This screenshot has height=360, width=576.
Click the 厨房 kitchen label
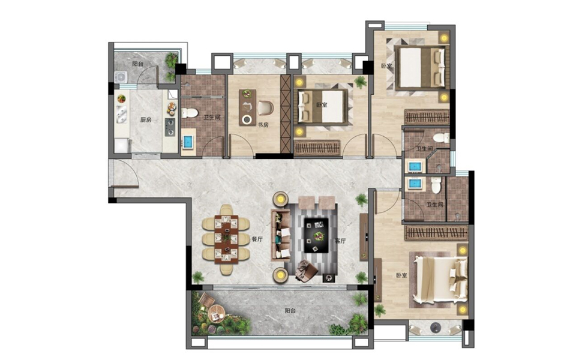(x=146, y=120)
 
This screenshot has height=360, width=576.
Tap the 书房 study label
(x=263, y=125)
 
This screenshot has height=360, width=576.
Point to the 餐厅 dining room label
(x=257, y=239)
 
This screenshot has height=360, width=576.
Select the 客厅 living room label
(x=340, y=241)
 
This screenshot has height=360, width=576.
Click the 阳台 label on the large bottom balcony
(x=290, y=311)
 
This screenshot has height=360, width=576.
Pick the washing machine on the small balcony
(x=121, y=77)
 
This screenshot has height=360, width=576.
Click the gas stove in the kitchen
(x=170, y=127)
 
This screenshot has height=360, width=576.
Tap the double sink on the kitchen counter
(x=121, y=114)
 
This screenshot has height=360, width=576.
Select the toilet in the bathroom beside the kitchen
(x=190, y=113)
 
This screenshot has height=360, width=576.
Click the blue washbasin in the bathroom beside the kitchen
(x=188, y=142)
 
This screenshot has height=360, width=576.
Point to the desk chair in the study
(x=265, y=107)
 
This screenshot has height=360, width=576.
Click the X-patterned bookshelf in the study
(x=286, y=114)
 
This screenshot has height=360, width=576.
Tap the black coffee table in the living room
(x=316, y=235)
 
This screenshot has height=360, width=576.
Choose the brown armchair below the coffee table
(x=306, y=271)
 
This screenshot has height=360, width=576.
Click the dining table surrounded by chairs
(x=226, y=239)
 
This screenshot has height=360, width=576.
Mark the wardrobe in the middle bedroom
(x=317, y=148)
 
